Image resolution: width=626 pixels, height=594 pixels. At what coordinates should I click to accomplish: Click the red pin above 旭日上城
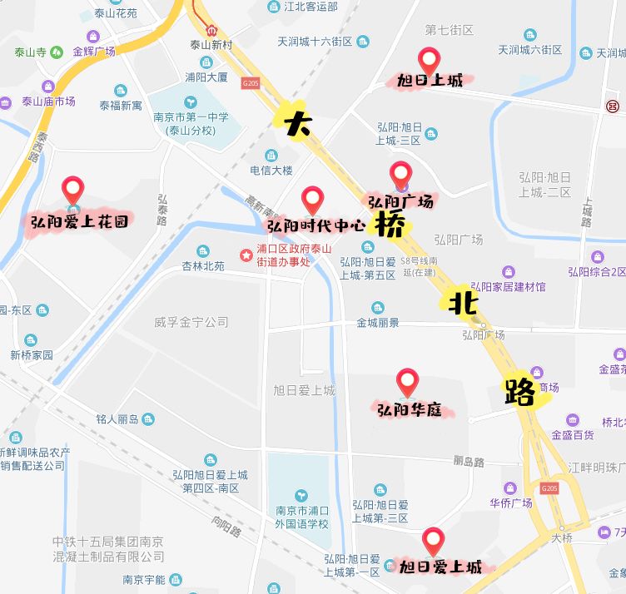pos(429,60)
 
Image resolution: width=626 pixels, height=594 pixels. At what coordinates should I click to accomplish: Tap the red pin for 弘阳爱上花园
pos(73,190)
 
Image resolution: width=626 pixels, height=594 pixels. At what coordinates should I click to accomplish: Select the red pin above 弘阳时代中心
pos(312,199)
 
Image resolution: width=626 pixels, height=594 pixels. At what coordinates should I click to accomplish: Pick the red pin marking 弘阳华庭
pos(407,382)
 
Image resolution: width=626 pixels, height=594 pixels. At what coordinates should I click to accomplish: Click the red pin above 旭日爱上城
pos(432,540)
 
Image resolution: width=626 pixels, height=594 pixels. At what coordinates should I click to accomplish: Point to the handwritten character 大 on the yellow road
pos(297,123)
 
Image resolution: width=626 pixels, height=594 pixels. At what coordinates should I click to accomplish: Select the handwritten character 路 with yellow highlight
pos(520,391)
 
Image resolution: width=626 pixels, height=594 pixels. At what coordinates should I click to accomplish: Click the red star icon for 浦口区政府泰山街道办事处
pos(246,255)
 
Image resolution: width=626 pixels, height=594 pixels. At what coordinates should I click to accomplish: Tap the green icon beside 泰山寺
pos(57,51)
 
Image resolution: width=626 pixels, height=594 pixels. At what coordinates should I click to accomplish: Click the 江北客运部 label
pos(309,7)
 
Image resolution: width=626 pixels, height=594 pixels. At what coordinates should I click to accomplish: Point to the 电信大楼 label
pos(272,171)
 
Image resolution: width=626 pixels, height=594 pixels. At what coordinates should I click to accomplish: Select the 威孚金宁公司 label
pos(191,321)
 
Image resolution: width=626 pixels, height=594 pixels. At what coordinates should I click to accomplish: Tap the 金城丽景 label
pos(378,323)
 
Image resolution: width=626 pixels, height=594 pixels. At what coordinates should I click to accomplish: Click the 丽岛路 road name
pos(469,461)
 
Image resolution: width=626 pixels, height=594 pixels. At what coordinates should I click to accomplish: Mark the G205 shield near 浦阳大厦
pos(250,83)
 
